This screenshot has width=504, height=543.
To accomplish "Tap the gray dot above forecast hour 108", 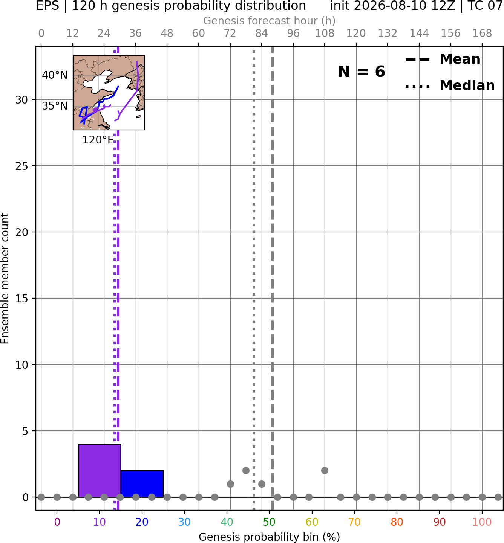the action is (325, 471).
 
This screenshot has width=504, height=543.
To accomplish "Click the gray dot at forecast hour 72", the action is (230, 484).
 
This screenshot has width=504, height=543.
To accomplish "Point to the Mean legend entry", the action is (443, 59).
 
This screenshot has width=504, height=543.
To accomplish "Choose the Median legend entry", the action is (450, 85).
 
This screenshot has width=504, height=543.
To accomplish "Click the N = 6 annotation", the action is (362, 72).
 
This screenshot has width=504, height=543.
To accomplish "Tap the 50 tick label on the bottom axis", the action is (269, 522).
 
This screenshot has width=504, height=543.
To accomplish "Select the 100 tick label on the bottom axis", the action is (482, 522).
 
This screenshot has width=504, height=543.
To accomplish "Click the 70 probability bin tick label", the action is (354, 522).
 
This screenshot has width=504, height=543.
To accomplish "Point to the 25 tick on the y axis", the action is (21, 166).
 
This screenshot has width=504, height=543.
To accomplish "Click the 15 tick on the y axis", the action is (21, 299).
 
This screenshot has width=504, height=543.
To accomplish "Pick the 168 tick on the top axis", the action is (483, 34).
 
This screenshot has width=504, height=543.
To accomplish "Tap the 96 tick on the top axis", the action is (293, 34).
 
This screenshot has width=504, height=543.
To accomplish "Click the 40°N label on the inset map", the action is (55, 75).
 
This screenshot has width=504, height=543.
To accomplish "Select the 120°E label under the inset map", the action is (98, 140).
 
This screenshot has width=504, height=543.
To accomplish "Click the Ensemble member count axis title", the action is (5, 278).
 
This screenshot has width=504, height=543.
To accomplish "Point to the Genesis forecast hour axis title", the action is (270, 21).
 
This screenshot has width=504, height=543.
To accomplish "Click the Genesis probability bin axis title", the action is (270, 537).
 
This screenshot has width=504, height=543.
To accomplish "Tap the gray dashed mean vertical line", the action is (272, 278).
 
